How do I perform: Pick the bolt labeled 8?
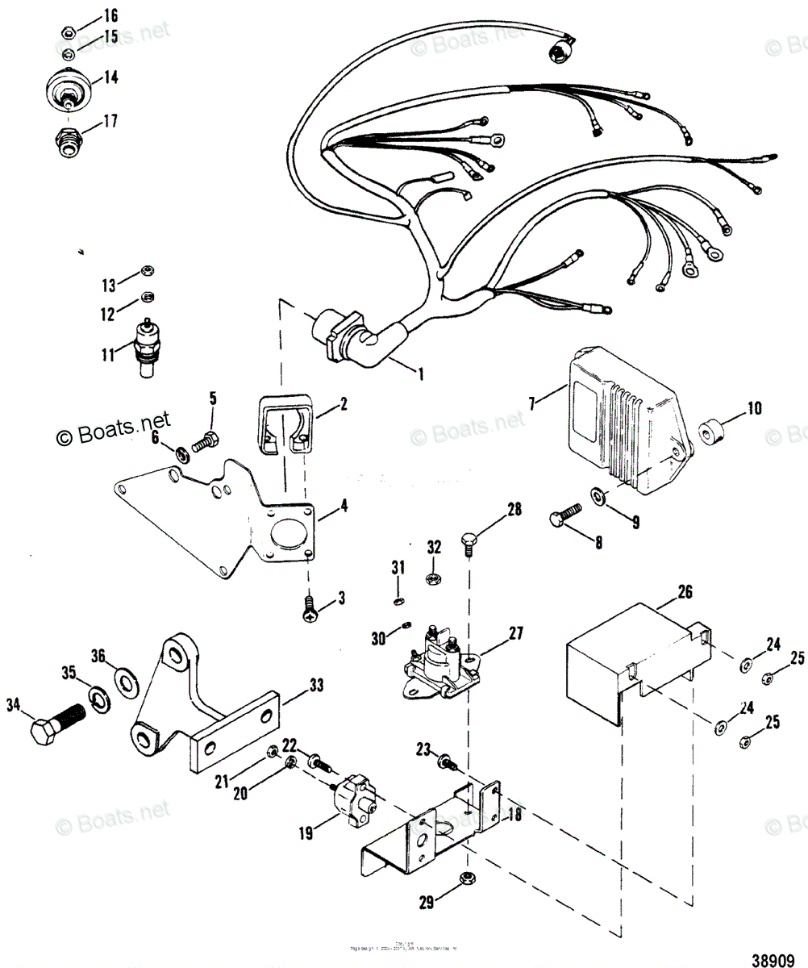click(x=568, y=514)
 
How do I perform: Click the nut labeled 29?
click(x=465, y=878)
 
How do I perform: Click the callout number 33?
click(x=316, y=686)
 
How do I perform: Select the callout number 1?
click(x=419, y=373)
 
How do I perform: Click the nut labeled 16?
click(x=69, y=32)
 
